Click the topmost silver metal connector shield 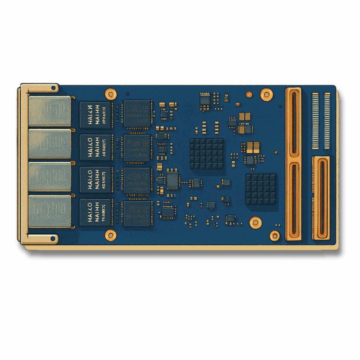[x=50, y=111]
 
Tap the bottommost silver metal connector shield [x=50, y=211]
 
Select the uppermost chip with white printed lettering [x=96, y=115]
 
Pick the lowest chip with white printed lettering [x=96, y=212]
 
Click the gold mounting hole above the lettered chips [x=111, y=94]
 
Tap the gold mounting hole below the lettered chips [x=111, y=235]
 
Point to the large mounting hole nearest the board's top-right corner [x=266, y=94]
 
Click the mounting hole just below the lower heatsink [x=255, y=222]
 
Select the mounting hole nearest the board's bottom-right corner [x=275, y=235]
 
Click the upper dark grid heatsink [x=207, y=153]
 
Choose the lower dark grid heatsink [x=261, y=189]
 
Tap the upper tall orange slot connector [x=294, y=123]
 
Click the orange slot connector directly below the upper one [x=294, y=201]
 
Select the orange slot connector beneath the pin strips [x=321, y=198]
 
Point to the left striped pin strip [x=315, y=121]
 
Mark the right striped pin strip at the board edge [x=327, y=121]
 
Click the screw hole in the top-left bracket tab [x=53, y=88]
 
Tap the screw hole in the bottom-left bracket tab [x=53, y=239]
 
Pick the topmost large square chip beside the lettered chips [x=137, y=114]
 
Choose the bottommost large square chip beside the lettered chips [x=137, y=214]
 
